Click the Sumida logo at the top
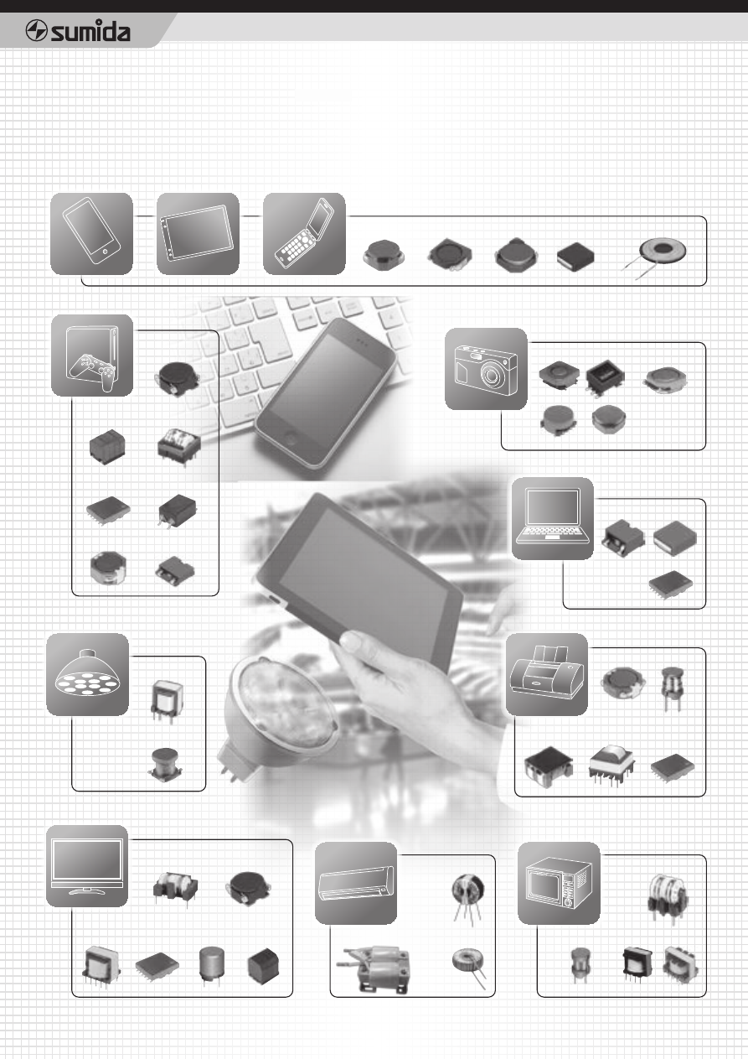78,32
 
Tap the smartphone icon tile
91,234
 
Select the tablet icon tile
198,234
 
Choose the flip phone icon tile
304,234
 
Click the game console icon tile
92,355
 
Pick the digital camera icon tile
486,369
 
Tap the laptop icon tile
553,519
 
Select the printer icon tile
547,674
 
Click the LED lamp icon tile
87,674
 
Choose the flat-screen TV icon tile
87,866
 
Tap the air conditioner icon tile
356,883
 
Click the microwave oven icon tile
559,883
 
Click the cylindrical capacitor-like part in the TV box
211,964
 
